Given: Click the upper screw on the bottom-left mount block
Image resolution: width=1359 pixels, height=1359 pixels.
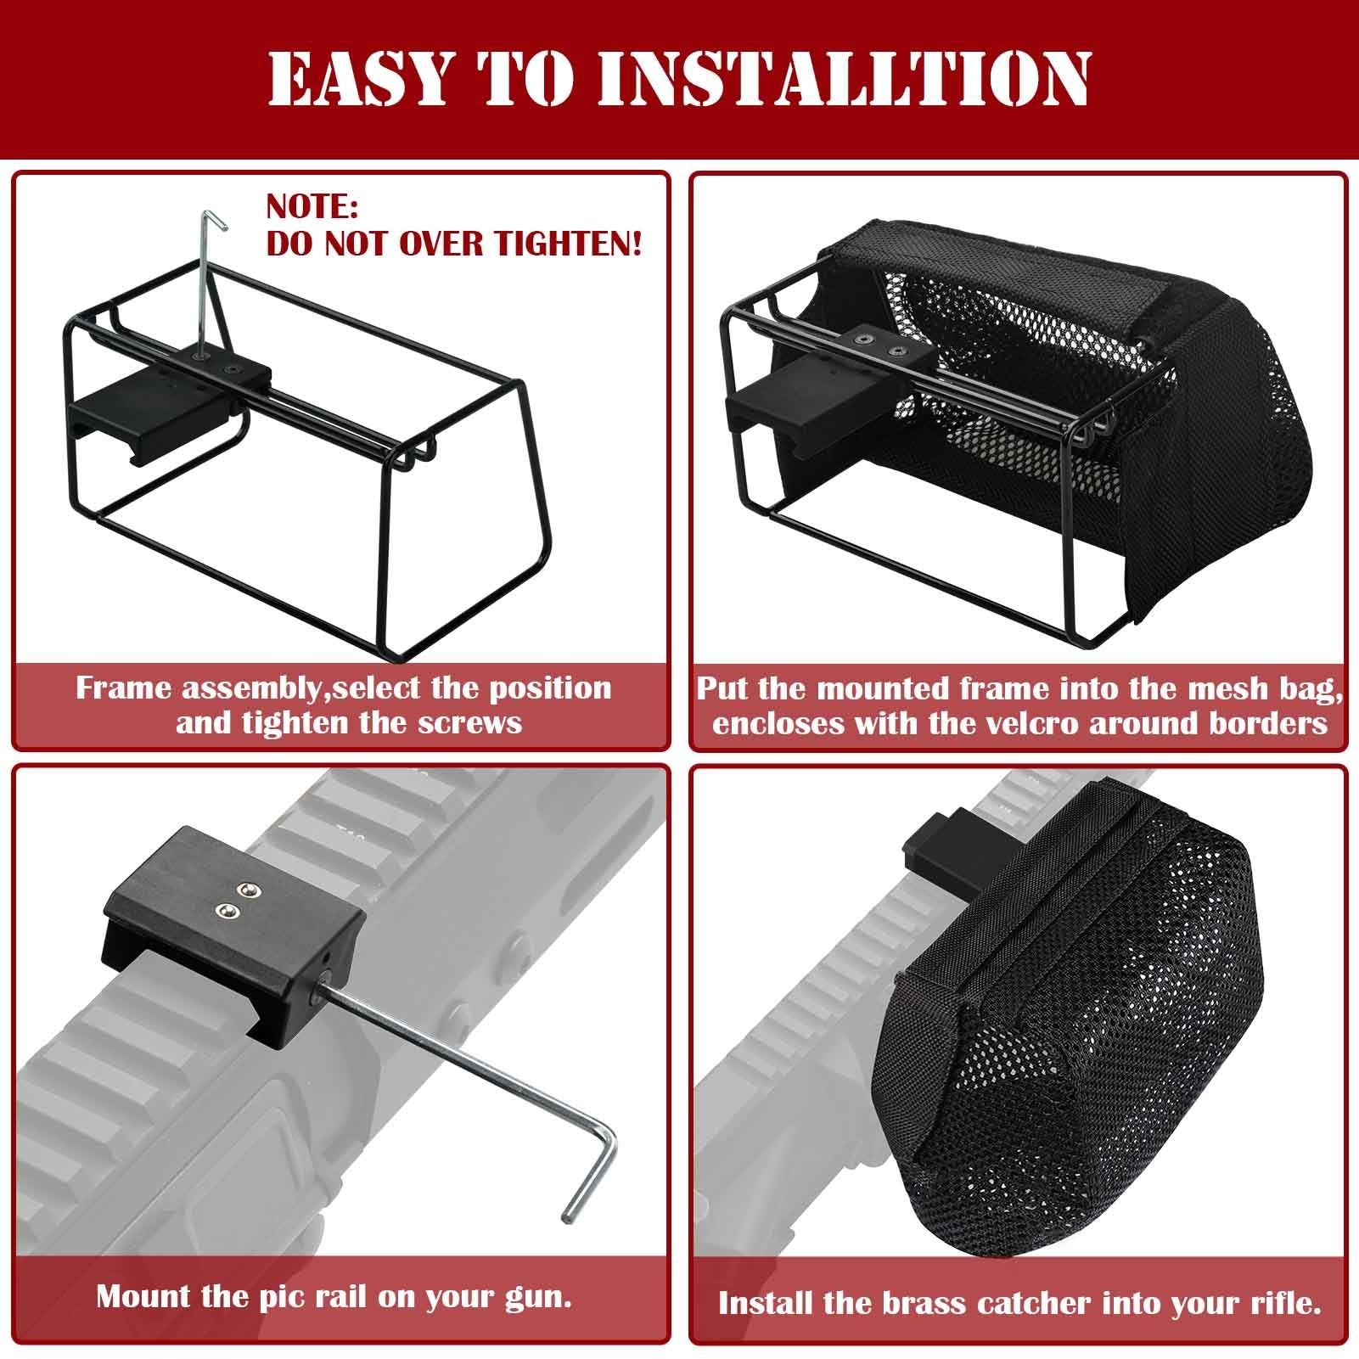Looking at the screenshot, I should [247, 889].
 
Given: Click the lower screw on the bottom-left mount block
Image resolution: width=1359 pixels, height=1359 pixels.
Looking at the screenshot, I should [226, 912].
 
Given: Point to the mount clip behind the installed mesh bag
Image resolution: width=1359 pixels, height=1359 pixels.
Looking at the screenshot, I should [938, 844].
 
